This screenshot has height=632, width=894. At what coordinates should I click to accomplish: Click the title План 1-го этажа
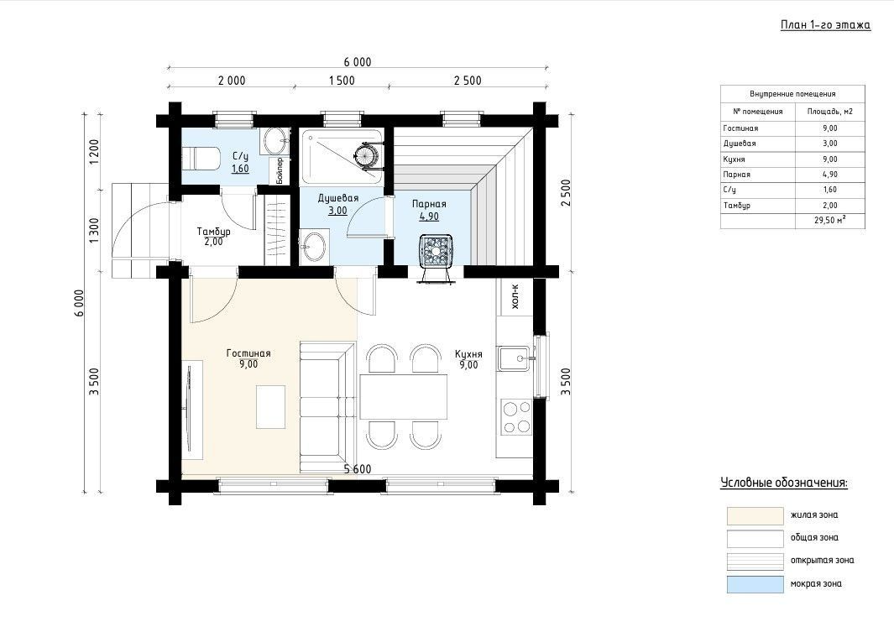[x=825, y=25]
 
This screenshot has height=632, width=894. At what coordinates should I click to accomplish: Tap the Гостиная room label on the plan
[x=248, y=353]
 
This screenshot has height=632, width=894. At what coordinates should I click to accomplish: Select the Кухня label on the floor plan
[x=468, y=354]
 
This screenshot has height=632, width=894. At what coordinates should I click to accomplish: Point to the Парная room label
[x=429, y=204]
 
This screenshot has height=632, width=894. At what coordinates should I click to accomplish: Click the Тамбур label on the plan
[x=214, y=232]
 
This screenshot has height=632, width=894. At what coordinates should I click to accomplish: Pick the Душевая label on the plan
[x=338, y=198]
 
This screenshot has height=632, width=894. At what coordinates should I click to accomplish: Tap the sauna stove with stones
[x=437, y=251]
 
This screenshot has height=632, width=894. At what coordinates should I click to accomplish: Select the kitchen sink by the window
[x=515, y=358]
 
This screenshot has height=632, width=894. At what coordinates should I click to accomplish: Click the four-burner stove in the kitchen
[x=516, y=417]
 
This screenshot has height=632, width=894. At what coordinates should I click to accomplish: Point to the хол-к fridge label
[x=515, y=295]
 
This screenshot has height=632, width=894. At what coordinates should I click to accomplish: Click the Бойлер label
[x=280, y=170]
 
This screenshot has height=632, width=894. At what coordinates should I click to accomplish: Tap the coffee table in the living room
[x=270, y=407]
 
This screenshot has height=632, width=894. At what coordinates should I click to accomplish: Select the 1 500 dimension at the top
[x=342, y=81]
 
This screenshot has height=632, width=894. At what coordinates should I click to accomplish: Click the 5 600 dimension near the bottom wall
[x=358, y=469]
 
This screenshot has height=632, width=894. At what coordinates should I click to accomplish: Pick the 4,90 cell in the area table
[x=829, y=175]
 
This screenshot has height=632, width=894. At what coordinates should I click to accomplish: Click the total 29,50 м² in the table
[x=829, y=220]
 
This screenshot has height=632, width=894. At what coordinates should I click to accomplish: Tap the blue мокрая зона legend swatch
[x=755, y=584]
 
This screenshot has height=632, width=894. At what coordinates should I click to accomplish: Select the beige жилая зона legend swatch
[x=755, y=515]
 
